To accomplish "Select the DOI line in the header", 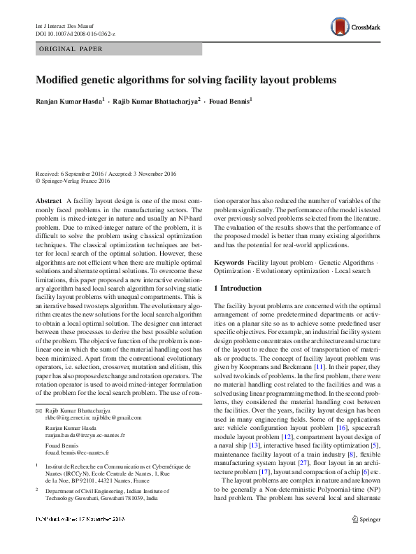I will [75, 33].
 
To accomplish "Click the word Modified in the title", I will [60, 80].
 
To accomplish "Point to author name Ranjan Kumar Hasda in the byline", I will [68, 101].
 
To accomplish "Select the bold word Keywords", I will [229, 261].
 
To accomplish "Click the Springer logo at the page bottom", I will [365, 539].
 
